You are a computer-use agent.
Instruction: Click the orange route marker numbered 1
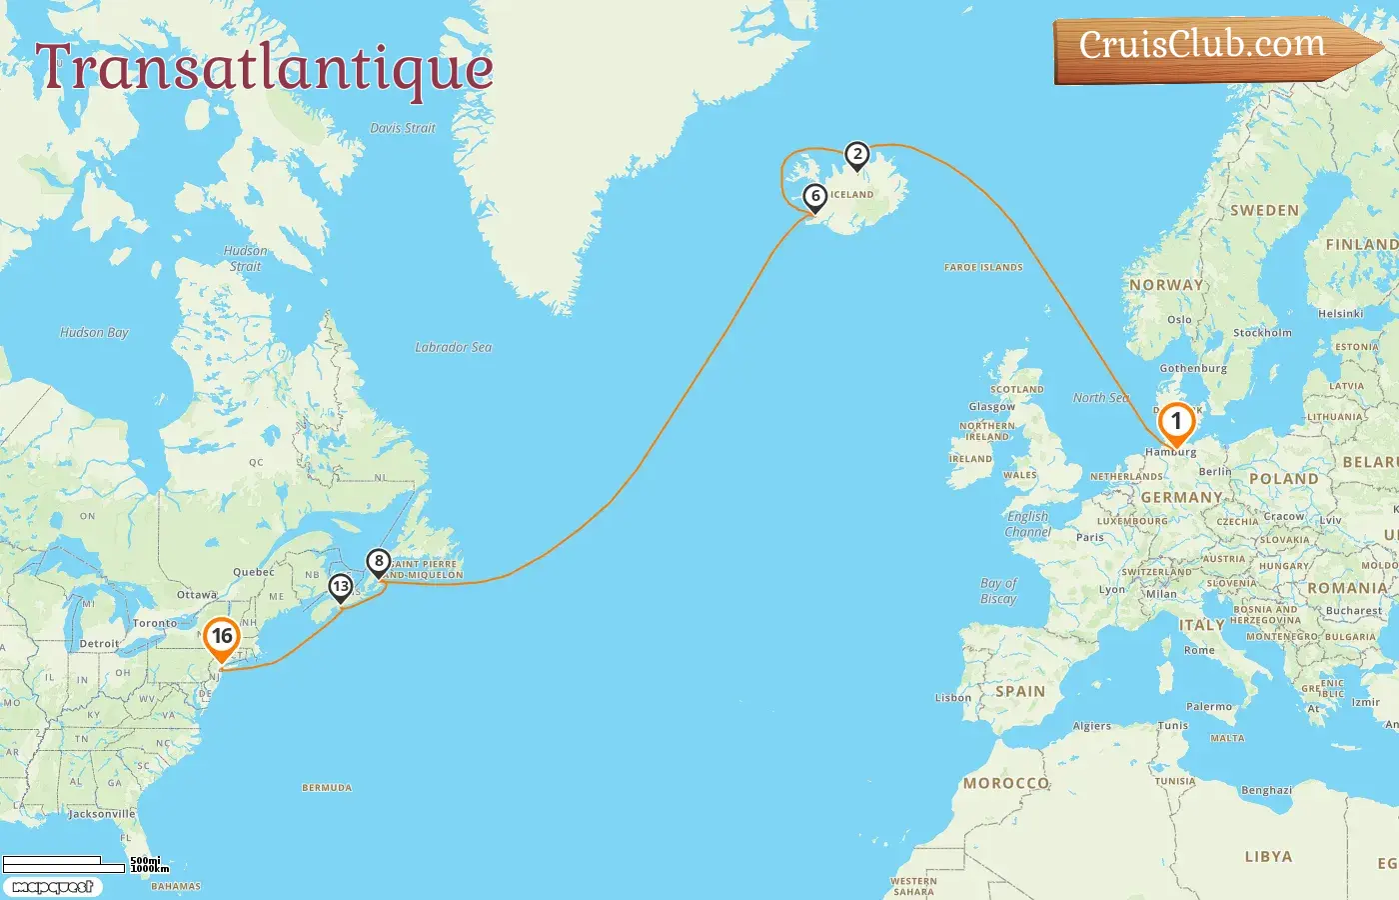pos(1176,422)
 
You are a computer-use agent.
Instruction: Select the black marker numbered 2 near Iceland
pos(856,155)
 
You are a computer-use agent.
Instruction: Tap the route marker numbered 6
pos(815,197)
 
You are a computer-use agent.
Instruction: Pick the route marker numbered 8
pos(379,562)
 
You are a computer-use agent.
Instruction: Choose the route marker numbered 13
pos(341,587)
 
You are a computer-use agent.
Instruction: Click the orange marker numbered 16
pos(222,637)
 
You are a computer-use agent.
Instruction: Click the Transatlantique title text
pos(264,69)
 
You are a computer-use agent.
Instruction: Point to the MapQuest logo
pos(52,887)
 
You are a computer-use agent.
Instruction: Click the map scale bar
pos(64,863)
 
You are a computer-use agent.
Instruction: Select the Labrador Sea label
pos(453,347)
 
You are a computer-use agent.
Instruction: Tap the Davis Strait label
pos(403,128)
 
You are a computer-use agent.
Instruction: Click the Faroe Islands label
pos(983,267)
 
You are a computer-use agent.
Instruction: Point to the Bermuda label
pos(327,788)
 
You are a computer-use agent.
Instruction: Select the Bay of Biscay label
pos(998,591)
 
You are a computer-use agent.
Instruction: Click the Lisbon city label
pos(952,698)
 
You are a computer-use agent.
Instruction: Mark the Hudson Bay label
pos(94,332)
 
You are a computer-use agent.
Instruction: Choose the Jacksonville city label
pos(101,814)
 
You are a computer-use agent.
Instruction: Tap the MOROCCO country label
pos(1006,783)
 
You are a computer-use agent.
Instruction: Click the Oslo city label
pos(1179,320)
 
